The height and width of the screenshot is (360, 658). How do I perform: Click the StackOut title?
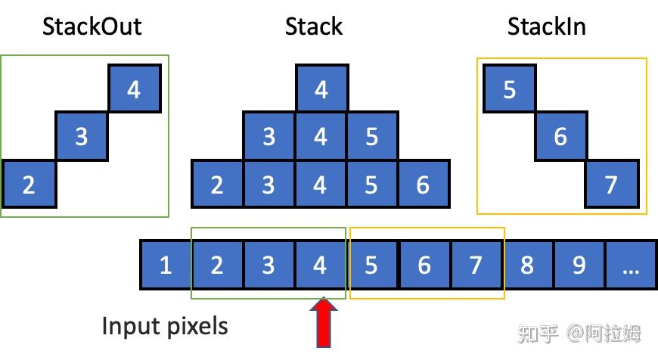(x=92, y=27)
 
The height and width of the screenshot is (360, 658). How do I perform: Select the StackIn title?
(x=546, y=27)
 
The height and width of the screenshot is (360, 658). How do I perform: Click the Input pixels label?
(x=164, y=326)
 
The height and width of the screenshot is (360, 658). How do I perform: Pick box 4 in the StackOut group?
(x=135, y=89)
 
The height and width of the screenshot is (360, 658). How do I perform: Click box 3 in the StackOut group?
(x=82, y=137)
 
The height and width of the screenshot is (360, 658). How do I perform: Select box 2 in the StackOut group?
(x=29, y=185)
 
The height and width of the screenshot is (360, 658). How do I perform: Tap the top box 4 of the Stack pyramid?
(x=321, y=89)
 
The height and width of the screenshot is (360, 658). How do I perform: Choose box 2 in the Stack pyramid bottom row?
(x=217, y=185)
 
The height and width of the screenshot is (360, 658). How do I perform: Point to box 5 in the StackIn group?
(x=510, y=89)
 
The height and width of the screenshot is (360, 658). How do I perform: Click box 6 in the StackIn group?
(x=560, y=137)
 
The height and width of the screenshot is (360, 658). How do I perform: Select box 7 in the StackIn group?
(x=611, y=185)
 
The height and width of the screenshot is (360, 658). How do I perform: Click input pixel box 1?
(x=166, y=265)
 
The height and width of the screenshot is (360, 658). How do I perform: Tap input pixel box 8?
(x=527, y=265)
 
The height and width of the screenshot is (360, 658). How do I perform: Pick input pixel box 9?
(x=579, y=265)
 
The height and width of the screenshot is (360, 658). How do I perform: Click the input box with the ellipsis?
(x=630, y=265)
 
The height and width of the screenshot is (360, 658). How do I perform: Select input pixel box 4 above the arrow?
(x=320, y=265)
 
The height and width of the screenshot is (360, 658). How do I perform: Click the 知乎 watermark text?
(x=537, y=333)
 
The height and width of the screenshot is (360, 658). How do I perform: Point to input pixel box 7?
(x=476, y=265)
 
